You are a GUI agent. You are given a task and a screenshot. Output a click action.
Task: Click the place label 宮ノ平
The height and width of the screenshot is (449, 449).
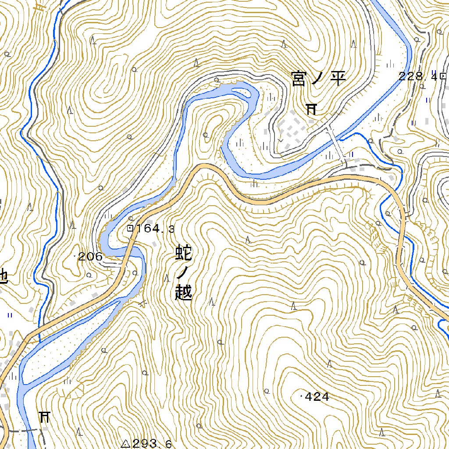pos(319,79)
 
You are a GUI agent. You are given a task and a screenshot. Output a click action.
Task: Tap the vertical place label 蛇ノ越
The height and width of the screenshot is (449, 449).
pos(183,273)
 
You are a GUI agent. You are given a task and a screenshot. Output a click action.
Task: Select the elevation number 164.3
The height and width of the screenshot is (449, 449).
pos(156,228)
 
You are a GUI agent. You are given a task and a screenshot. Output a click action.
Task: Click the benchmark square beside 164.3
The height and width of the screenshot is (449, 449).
pos(130,228)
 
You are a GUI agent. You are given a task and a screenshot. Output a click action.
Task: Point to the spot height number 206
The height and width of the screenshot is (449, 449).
pos(90,257)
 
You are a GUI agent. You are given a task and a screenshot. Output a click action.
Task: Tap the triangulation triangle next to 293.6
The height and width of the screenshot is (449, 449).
pos(125,443)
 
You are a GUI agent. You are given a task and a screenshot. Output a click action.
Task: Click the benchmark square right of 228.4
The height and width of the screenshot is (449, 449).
pos(443,75)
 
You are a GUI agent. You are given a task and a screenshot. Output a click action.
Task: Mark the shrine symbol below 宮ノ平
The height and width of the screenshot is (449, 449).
pos(311,108)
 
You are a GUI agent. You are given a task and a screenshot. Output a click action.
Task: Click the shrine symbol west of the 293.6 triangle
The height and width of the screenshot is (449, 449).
pos(44,417)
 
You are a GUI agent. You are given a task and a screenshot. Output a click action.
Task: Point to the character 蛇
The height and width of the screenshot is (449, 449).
pos(183,253)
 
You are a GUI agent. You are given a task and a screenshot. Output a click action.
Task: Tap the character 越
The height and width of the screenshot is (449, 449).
pos(183,292)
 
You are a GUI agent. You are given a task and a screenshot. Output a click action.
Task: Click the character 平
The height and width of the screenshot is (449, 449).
pos(338,79)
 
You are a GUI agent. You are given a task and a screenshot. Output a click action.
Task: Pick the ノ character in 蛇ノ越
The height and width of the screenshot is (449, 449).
pos(182,273)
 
